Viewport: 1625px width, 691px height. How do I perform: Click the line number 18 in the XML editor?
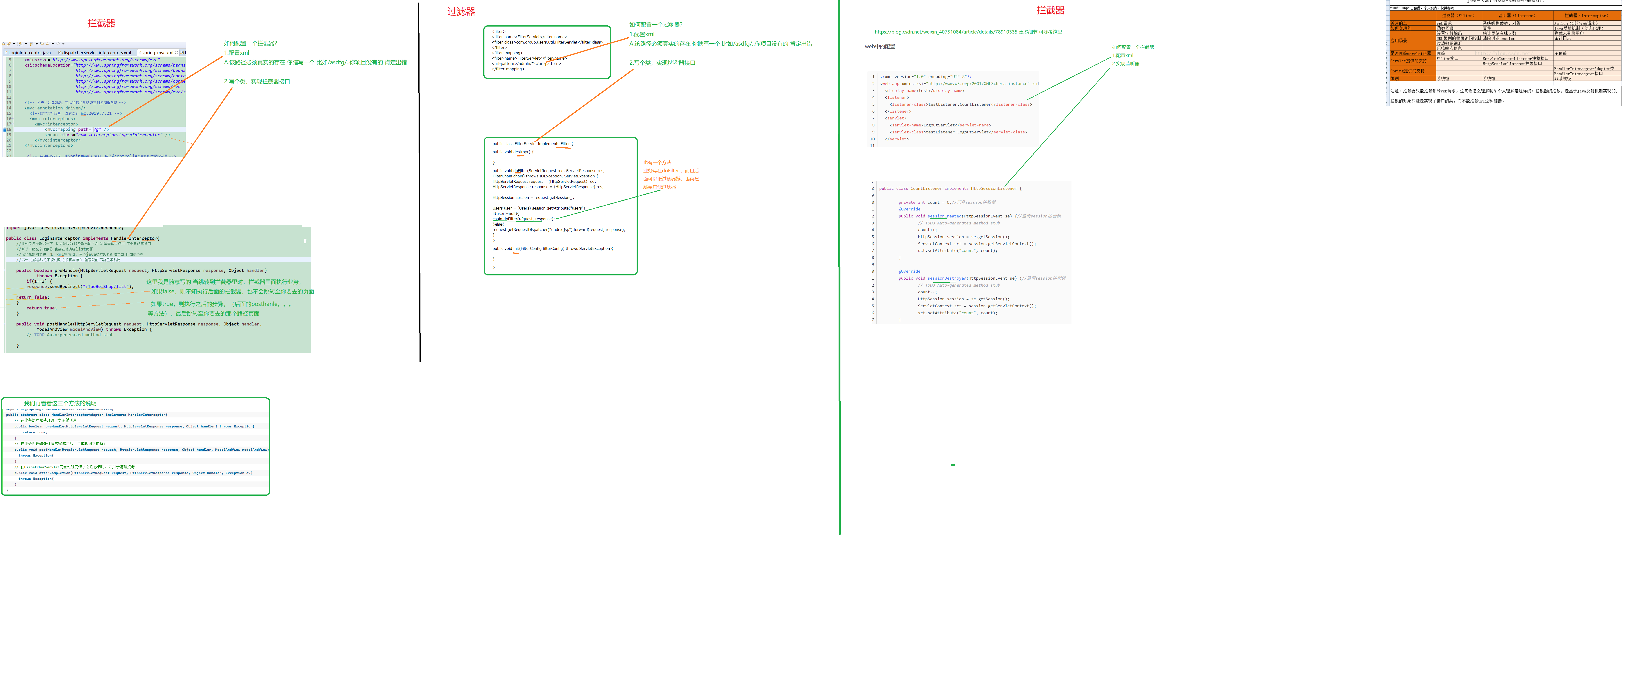tap(9, 129)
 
